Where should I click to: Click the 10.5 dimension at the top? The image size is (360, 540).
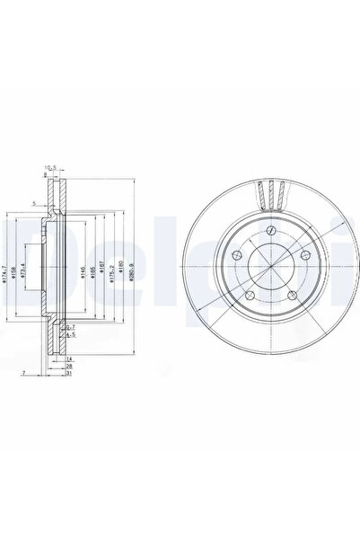click(x=52, y=166)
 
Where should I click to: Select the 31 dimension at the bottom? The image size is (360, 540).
click(x=68, y=373)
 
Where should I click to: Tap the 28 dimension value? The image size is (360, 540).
click(x=68, y=366)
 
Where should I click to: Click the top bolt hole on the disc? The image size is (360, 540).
click(x=270, y=232)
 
